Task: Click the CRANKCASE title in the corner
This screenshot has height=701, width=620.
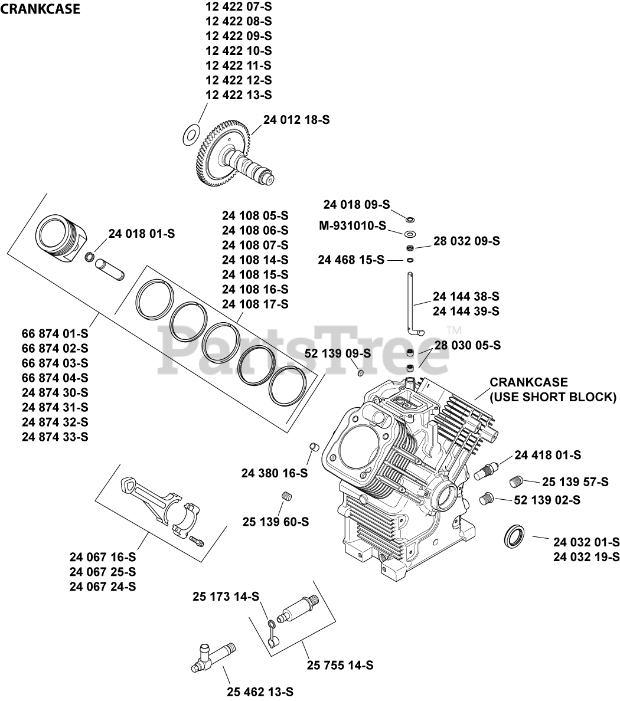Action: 41,9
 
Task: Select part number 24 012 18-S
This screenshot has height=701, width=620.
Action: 296,120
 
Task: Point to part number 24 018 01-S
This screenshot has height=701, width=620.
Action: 142,234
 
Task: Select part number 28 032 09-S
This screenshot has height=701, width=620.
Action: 466,241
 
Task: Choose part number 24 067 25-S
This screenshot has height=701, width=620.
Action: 103,572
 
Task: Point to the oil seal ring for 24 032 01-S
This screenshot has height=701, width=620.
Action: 514,535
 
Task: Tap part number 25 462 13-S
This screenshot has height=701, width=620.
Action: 260,692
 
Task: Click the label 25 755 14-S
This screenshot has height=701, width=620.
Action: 340,665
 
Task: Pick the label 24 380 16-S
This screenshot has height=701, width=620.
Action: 275,473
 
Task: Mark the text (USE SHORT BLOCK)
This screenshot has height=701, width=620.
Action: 553,397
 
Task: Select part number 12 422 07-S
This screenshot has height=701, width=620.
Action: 239,6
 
